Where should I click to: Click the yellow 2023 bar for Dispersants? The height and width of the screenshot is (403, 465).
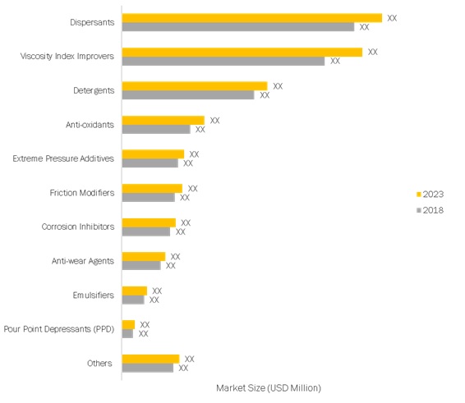(x=251, y=17)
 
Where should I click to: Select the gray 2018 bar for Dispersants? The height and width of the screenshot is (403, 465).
(x=237, y=27)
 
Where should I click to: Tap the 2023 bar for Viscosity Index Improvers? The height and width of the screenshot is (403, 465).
(x=242, y=52)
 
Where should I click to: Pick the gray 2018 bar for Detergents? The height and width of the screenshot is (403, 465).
(x=187, y=95)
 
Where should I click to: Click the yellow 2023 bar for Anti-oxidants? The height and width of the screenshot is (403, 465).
(x=163, y=120)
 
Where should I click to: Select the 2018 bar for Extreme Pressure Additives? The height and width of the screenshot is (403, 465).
(x=150, y=163)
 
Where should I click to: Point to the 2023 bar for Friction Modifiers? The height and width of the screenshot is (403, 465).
(x=152, y=188)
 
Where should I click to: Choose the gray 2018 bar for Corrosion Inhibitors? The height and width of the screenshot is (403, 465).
(x=145, y=231)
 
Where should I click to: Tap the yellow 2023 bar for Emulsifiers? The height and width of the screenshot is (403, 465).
(x=134, y=291)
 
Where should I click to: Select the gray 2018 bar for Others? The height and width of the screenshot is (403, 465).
(x=147, y=368)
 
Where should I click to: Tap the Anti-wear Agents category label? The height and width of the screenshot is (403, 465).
(x=82, y=261)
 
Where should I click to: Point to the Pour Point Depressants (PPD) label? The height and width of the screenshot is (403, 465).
(x=59, y=329)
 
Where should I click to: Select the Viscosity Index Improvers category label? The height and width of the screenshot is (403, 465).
(x=67, y=57)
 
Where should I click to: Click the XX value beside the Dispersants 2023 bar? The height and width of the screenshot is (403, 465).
(x=392, y=17)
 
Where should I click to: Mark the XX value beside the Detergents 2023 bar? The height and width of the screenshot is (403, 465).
(x=278, y=85)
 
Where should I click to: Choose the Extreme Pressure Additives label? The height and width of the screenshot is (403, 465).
(x=63, y=158)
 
